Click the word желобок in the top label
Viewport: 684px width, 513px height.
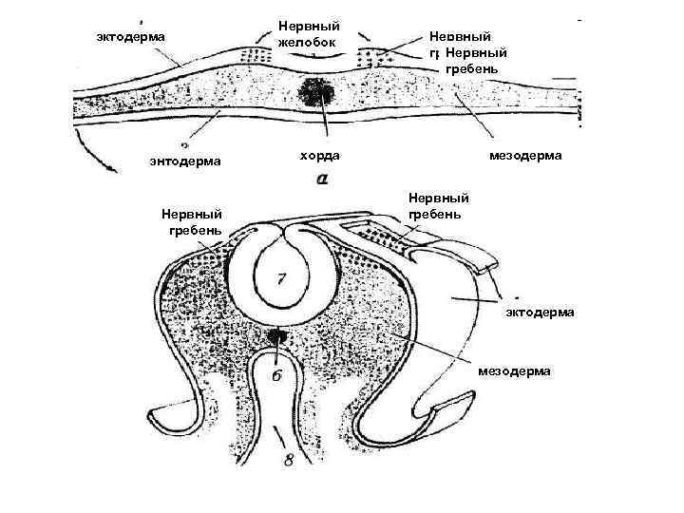308,41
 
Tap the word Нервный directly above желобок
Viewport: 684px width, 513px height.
308,25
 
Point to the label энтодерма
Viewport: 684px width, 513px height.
185,161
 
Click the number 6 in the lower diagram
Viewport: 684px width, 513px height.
276,374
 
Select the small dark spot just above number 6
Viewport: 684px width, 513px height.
277,335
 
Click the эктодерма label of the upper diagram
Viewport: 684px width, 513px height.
131,36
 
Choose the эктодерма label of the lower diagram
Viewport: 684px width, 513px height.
539,313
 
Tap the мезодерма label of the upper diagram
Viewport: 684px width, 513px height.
525,155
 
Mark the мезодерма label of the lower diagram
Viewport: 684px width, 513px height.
514,371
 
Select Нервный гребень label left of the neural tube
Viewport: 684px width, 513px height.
192,221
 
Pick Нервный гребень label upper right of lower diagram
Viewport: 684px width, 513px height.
439,206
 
